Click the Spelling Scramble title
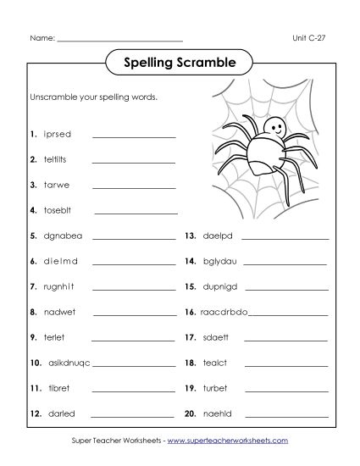[179, 61]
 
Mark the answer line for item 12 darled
[133, 415]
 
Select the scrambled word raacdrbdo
[224, 312]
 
